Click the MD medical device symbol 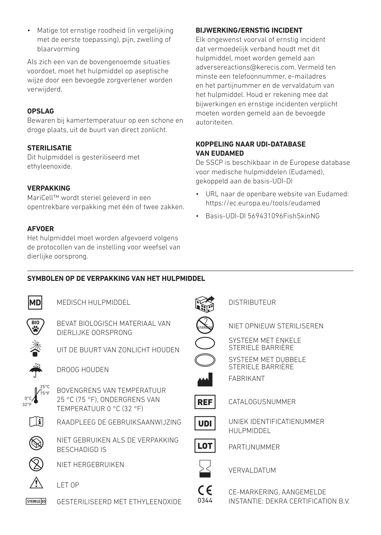(x=35, y=303)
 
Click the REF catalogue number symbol (x=205, y=402)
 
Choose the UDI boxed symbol (x=205, y=423)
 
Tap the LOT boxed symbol (x=205, y=446)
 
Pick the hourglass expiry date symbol (x=205, y=470)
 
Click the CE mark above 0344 (x=205, y=491)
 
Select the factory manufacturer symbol (x=205, y=380)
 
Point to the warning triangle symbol (x=36, y=483)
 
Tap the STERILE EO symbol (x=36, y=501)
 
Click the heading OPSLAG (x=41, y=111)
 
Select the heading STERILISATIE (x=49, y=148)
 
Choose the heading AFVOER (x=41, y=229)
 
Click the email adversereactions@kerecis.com (x=245, y=67)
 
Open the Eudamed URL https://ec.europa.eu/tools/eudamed (x=263, y=203)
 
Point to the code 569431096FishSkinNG (x=284, y=216)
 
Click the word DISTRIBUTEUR (x=252, y=303)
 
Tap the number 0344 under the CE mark (x=205, y=500)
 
